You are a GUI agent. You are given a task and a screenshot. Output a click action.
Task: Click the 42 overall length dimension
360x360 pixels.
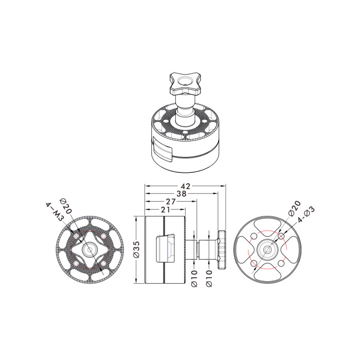pyautogui.click(x=186, y=186)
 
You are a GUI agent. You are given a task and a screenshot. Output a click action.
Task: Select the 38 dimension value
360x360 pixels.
pyautogui.click(x=182, y=193)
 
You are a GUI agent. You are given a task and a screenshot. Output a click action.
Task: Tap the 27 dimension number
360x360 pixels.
pyautogui.click(x=171, y=202)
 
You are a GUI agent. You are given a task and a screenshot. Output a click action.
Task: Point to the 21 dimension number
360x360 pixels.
pyautogui.click(x=166, y=209)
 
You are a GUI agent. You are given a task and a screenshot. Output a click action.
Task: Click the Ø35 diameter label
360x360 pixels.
pyautogui.click(x=137, y=249)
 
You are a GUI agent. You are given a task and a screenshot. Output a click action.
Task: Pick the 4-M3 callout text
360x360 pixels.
pyautogui.click(x=55, y=212)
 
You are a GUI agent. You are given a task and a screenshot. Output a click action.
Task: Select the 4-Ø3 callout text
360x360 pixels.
pyautogui.click(x=306, y=214)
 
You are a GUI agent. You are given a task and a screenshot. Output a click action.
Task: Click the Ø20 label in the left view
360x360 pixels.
pyautogui.click(x=66, y=206)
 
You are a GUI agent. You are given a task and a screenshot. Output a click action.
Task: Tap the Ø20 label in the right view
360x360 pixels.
pyautogui.click(x=295, y=208)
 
